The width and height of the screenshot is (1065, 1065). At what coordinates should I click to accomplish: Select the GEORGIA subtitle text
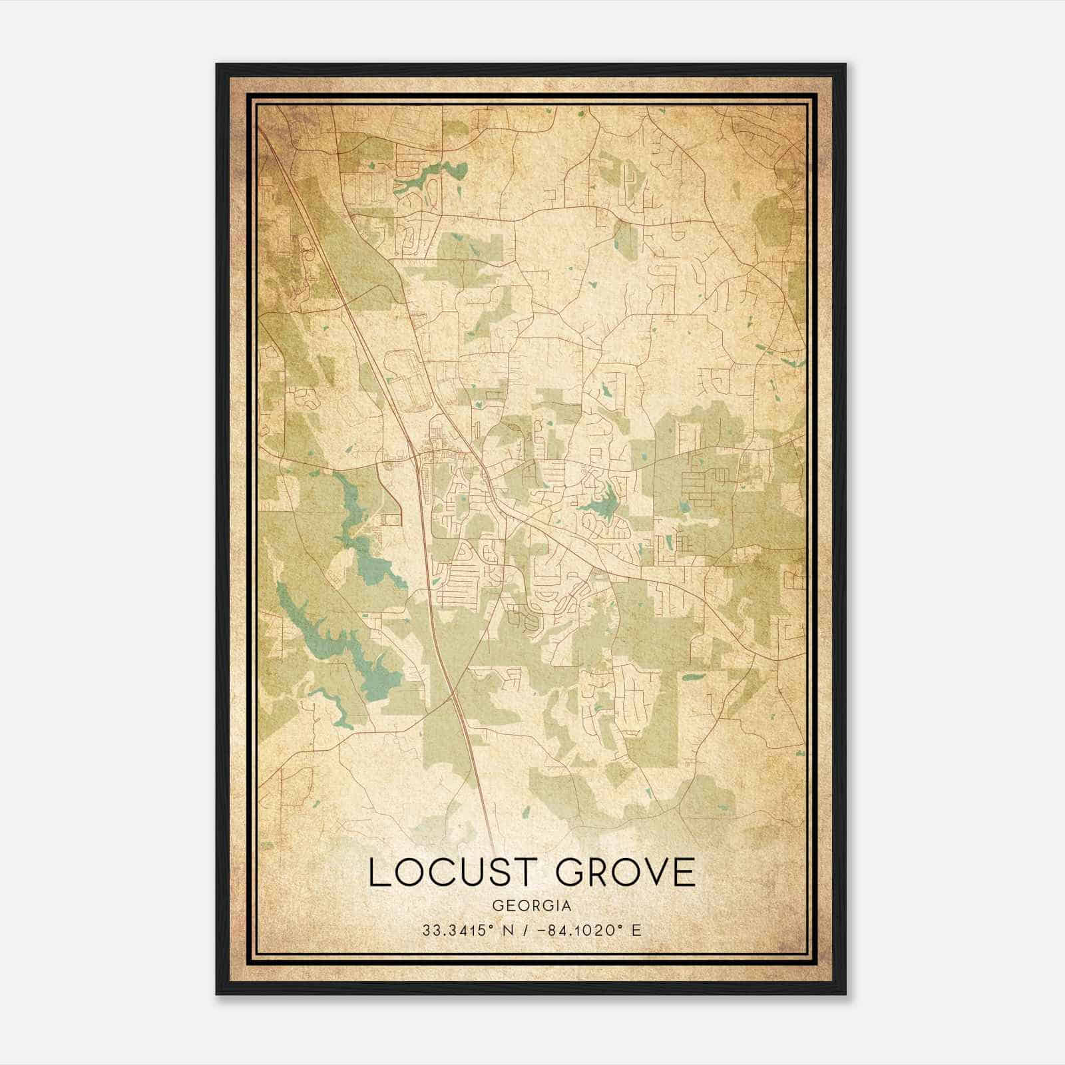[532, 906]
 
